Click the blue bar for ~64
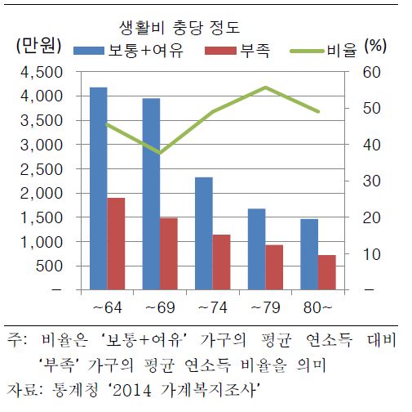pos(98,188)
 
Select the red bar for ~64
pos(117,244)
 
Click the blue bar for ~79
pos(257,249)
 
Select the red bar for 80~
pos(327,272)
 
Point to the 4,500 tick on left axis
pos(42,72)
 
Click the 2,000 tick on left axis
pos(42,194)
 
